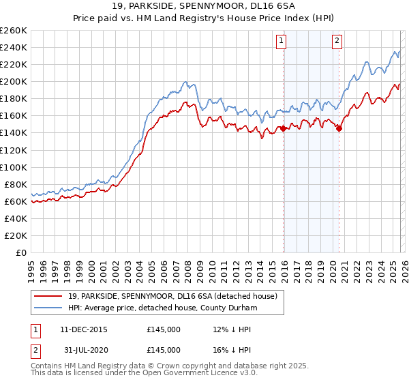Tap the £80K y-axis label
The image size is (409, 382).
(x=16, y=184)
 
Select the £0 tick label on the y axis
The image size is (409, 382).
(x=21, y=252)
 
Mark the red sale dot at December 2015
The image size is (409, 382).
(x=283, y=128)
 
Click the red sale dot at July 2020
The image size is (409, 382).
(x=339, y=128)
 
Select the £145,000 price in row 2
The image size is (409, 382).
(x=164, y=350)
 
